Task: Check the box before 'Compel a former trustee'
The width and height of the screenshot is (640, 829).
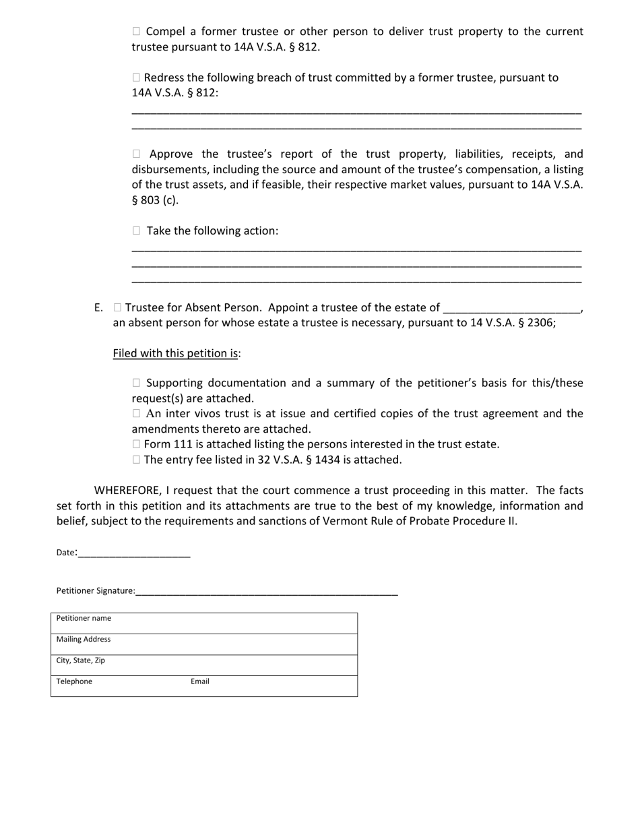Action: click(x=137, y=31)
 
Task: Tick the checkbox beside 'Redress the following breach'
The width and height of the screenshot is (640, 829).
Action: click(x=137, y=78)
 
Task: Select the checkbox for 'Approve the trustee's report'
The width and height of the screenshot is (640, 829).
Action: click(x=137, y=154)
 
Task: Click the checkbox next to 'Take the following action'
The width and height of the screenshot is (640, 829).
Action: click(x=137, y=231)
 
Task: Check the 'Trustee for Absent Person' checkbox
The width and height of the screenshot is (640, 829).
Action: click(x=118, y=307)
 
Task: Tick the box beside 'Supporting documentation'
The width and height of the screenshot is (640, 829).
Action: click(x=137, y=383)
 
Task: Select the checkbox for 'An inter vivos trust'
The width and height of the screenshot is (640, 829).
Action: click(x=137, y=413)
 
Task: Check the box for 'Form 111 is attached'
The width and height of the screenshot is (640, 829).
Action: click(x=137, y=444)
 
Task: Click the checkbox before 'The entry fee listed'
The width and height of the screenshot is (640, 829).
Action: click(x=137, y=460)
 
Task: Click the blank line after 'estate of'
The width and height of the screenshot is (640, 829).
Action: click(x=511, y=309)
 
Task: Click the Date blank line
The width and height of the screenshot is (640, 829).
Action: click(x=134, y=554)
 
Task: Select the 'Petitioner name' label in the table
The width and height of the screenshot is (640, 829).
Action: click(x=84, y=618)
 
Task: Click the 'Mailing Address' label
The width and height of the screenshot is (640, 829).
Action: click(x=84, y=639)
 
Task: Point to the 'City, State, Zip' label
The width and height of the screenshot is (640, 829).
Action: click(x=81, y=661)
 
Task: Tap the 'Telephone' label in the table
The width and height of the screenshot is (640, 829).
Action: click(x=74, y=681)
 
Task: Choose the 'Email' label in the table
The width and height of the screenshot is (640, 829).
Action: click(x=200, y=681)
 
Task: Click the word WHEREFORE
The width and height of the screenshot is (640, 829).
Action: click(x=127, y=491)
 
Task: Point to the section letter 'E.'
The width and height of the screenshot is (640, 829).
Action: click(x=98, y=308)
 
